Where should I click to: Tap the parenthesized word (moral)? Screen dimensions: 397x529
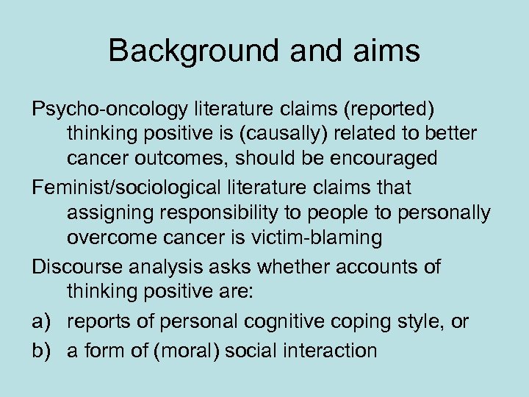coord(185,350)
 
